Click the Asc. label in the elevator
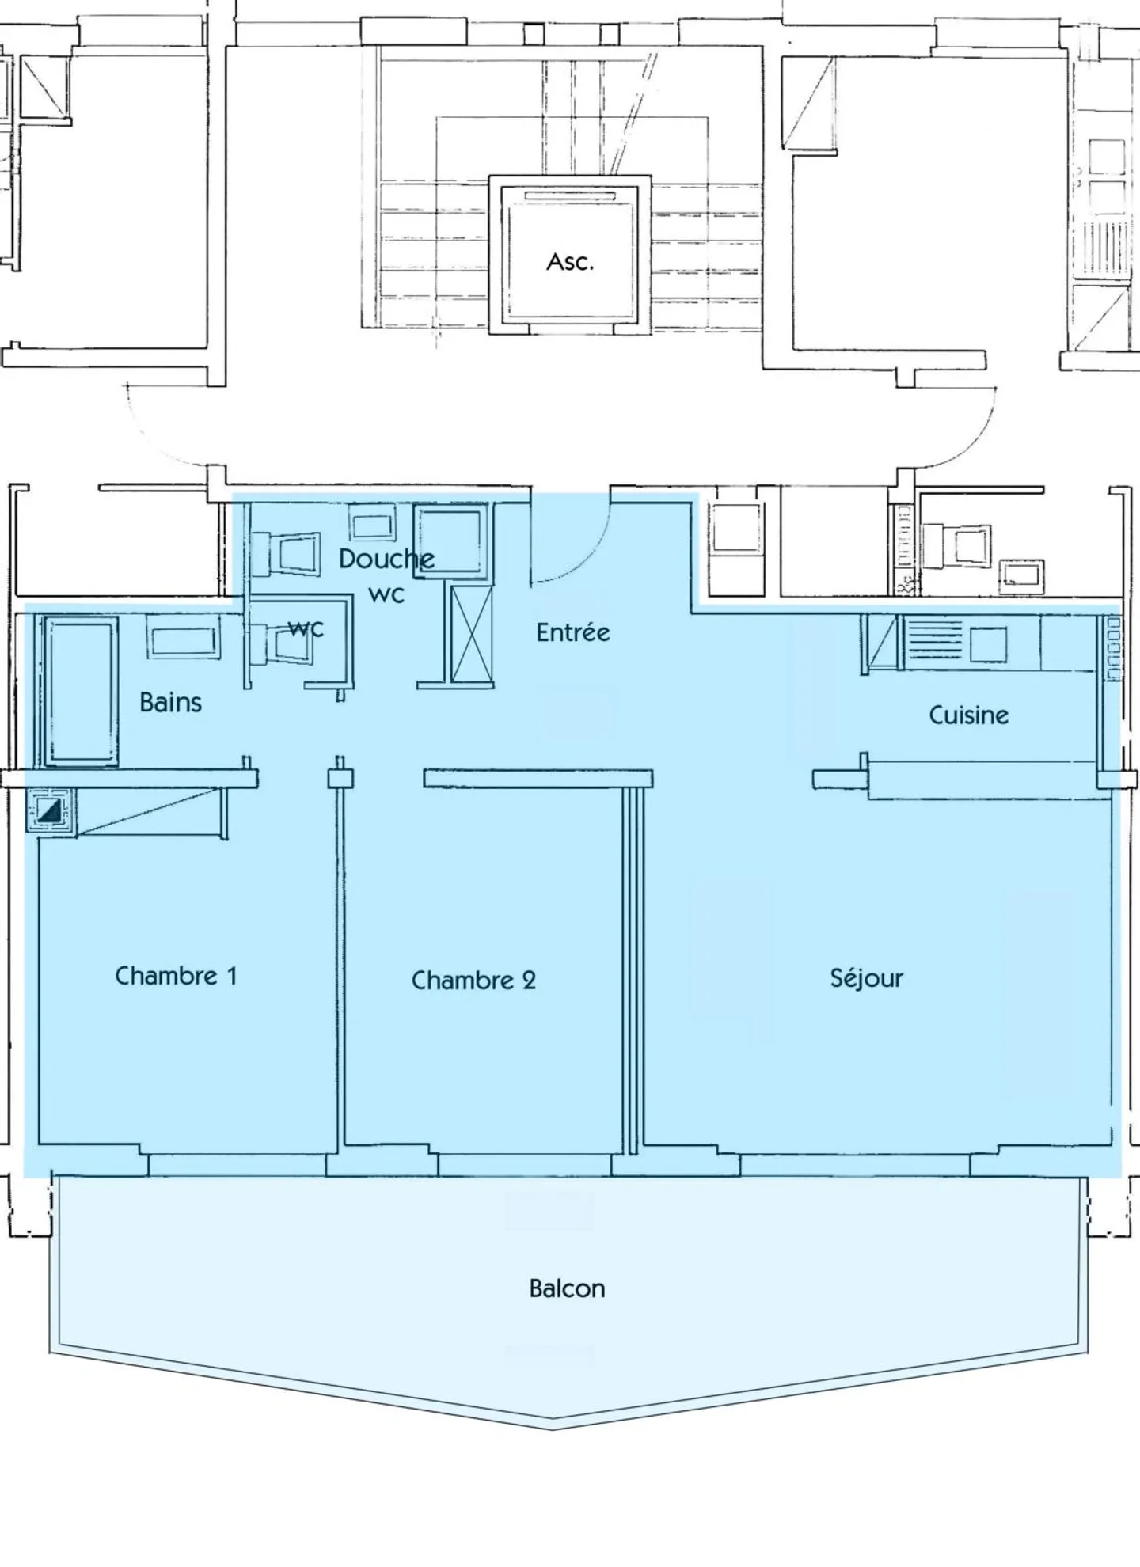pyautogui.click(x=570, y=262)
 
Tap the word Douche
pyautogui.click(x=386, y=559)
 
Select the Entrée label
pyautogui.click(x=573, y=632)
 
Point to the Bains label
pyautogui.click(x=170, y=702)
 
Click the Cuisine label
pyautogui.click(x=968, y=715)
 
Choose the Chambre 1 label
pyautogui.click(x=176, y=976)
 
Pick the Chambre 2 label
pyautogui.click(x=473, y=981)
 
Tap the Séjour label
pyautogui.click(x=866, y=978)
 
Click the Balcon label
pyautogui.click(x=567, y=1288)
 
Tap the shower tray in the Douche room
pyautogui.click(x=450, y=541)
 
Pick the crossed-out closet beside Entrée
pyautogui.click(x=472, y=634)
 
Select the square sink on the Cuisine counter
pyautogui.click(x=988, y=645)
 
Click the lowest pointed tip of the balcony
pyautogui.click(x=554, y=1429)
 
